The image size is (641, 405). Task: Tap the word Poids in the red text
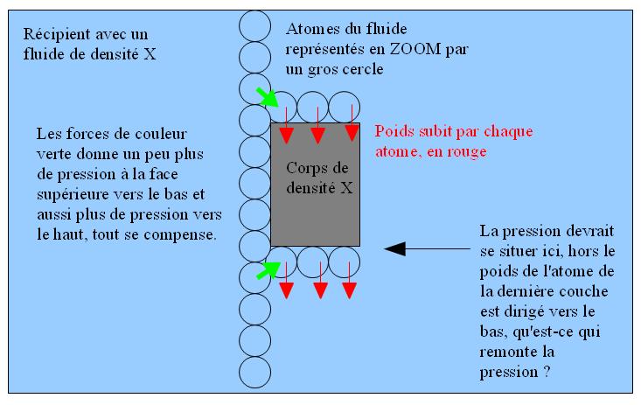(394, 133)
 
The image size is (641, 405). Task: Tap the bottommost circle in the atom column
(254, 372)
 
